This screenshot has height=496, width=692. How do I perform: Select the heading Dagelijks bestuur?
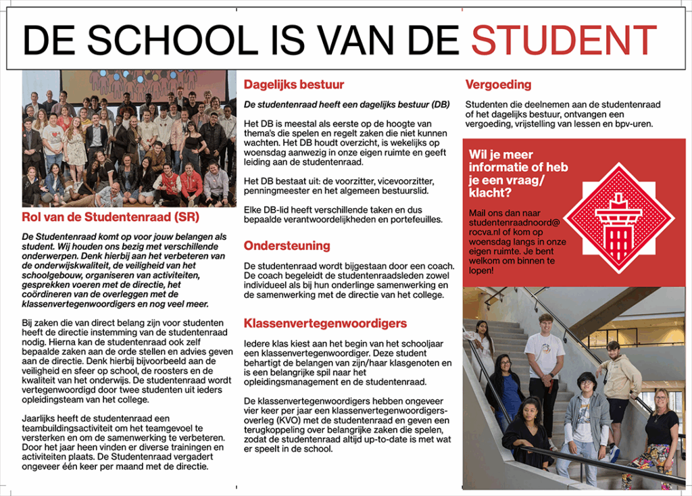point(294,85)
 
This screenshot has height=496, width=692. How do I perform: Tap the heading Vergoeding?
point(498,85)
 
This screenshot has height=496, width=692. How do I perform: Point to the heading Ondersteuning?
point(287,245)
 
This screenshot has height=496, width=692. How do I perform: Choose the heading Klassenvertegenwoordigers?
point(325,323)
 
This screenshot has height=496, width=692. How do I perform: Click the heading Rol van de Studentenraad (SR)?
point(110,218)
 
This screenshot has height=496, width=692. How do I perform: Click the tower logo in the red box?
point(618,218)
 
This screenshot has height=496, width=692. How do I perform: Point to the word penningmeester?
point(275,191)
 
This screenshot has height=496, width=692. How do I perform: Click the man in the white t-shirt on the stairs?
point(544,365)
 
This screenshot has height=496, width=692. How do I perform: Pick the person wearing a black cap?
point(585,419)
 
